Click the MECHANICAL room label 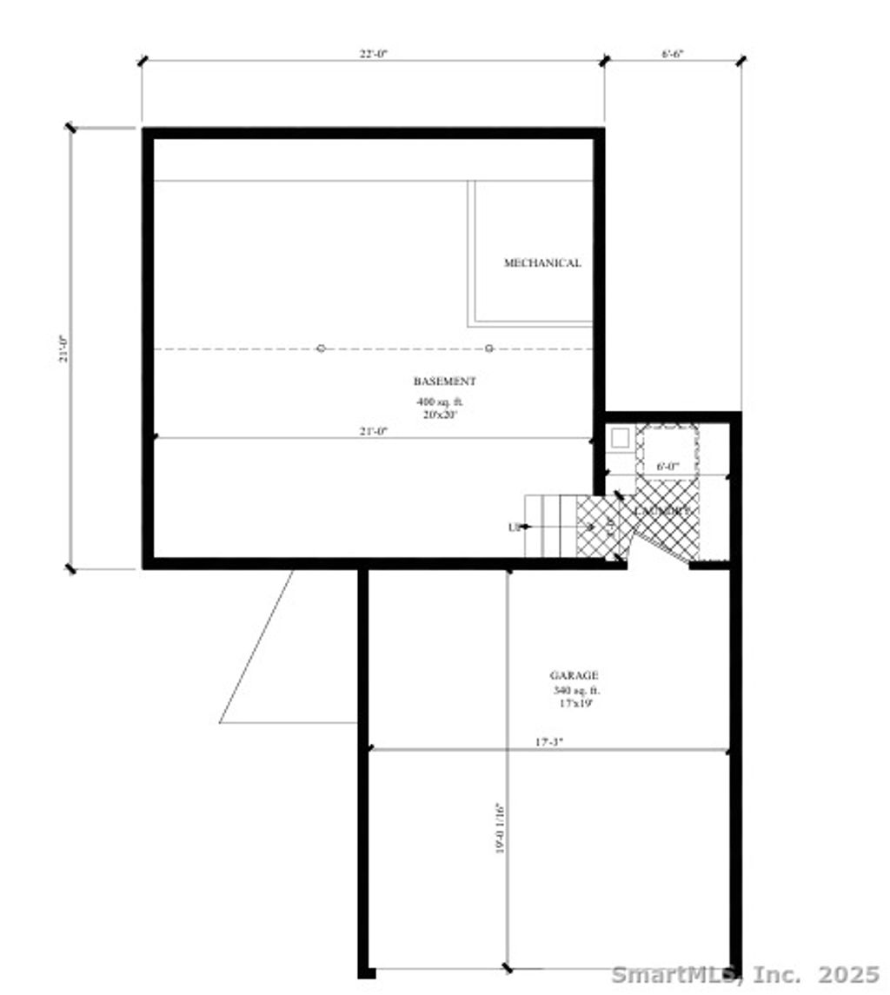542,262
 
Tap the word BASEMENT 444,381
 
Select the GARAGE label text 574,675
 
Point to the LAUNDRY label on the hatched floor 664,511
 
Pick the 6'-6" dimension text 673,54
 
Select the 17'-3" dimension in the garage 548,742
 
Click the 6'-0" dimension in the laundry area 667,467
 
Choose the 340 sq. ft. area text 576,690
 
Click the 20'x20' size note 439,415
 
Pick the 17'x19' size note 575,702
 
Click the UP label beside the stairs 514,527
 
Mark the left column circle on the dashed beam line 321,348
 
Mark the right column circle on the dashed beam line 489,348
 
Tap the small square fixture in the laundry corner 620,438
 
